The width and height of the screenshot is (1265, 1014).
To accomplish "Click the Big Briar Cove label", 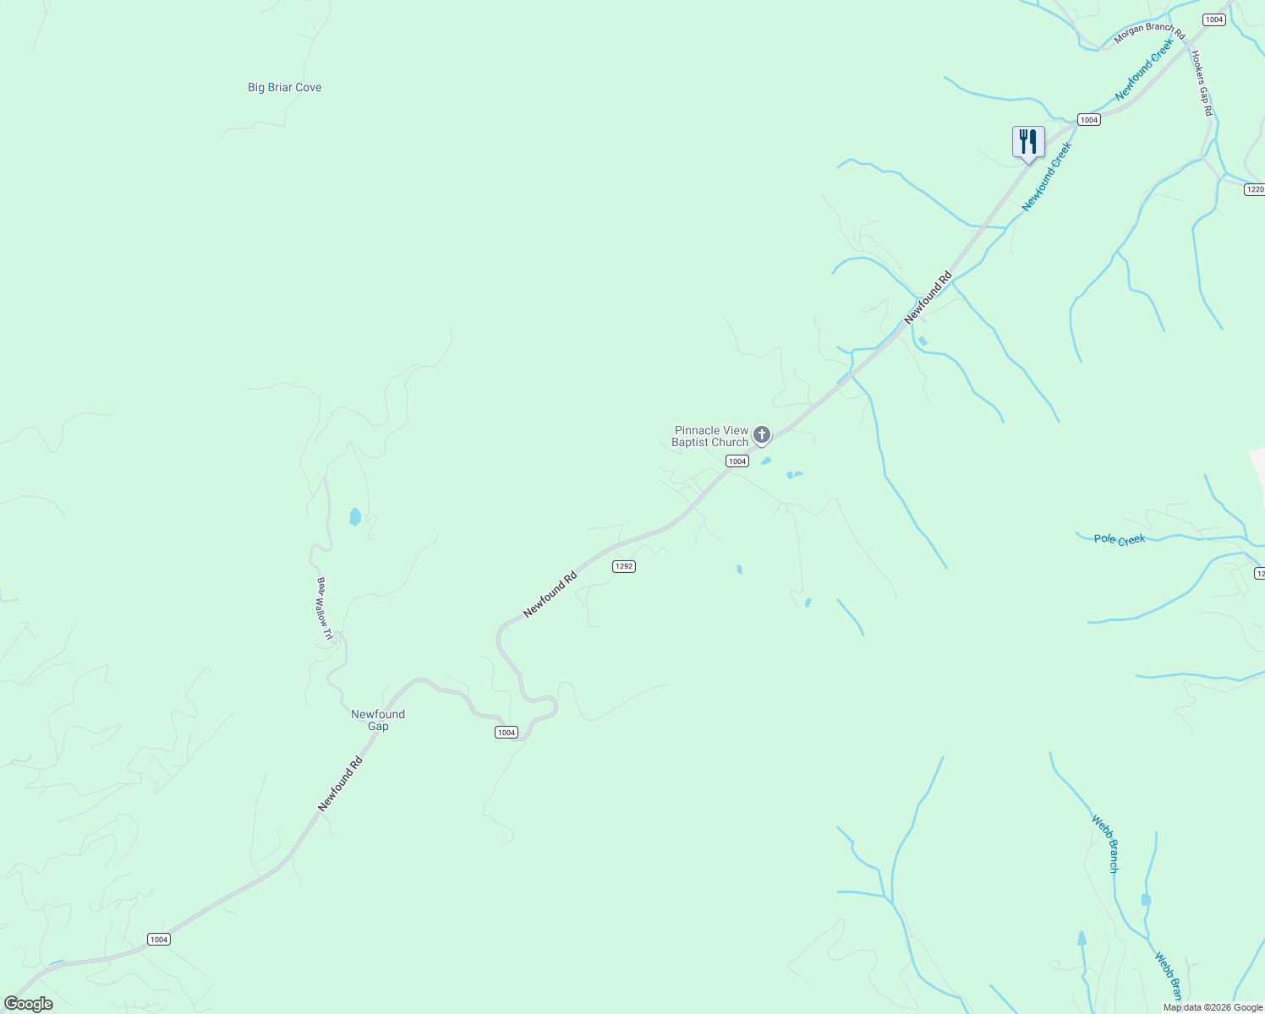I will point(284,87).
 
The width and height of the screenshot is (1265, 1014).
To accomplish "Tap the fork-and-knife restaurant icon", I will point(1028,141).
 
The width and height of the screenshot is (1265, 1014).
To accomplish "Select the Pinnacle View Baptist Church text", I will point(711,436).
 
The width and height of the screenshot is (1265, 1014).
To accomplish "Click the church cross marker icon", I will point(762,435).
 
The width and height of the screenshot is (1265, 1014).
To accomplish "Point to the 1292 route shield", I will point(624,566).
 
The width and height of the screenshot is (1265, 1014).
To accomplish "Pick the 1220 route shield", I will point(1255,189).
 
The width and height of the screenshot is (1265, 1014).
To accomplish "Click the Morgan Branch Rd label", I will point(1149,33).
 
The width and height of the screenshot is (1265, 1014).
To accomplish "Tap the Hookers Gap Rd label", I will point(1202,83).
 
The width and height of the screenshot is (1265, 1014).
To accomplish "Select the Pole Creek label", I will point(1120,539).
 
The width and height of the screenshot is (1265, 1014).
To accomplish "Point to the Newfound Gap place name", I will point(378,720).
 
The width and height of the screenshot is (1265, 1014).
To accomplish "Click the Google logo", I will point(29,1004).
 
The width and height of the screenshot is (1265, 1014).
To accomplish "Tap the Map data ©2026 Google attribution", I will point(1213,1007).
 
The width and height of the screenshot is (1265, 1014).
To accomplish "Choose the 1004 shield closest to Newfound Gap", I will point(507,733).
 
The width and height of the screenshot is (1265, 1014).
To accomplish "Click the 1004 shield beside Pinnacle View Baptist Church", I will point(737,461).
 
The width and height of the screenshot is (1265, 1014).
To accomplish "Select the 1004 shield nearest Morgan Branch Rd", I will point(1214,19).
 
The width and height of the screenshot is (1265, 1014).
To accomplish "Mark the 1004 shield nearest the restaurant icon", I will point(1089,120).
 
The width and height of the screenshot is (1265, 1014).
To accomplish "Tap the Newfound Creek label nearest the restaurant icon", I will point(1047,176).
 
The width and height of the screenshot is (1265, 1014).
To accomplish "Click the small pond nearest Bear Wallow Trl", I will point(355,516).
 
